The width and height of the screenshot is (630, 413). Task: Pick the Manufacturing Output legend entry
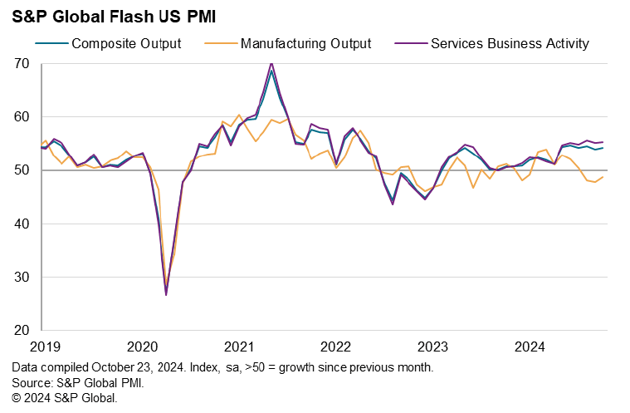coord(305,43)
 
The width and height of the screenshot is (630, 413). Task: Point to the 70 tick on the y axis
coord(22,64)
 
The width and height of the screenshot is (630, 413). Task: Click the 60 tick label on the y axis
coord(22,117)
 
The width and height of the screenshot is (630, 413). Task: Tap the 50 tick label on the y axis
coord(22,170)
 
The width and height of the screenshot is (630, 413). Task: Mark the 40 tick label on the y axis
coord(22,224)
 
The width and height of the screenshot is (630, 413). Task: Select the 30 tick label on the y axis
coord(22,277)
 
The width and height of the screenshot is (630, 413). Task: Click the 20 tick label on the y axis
coord(22,330)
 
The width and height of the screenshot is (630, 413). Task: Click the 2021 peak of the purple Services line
coord(271,63)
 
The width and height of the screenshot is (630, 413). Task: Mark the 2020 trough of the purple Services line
coord(166,295)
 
